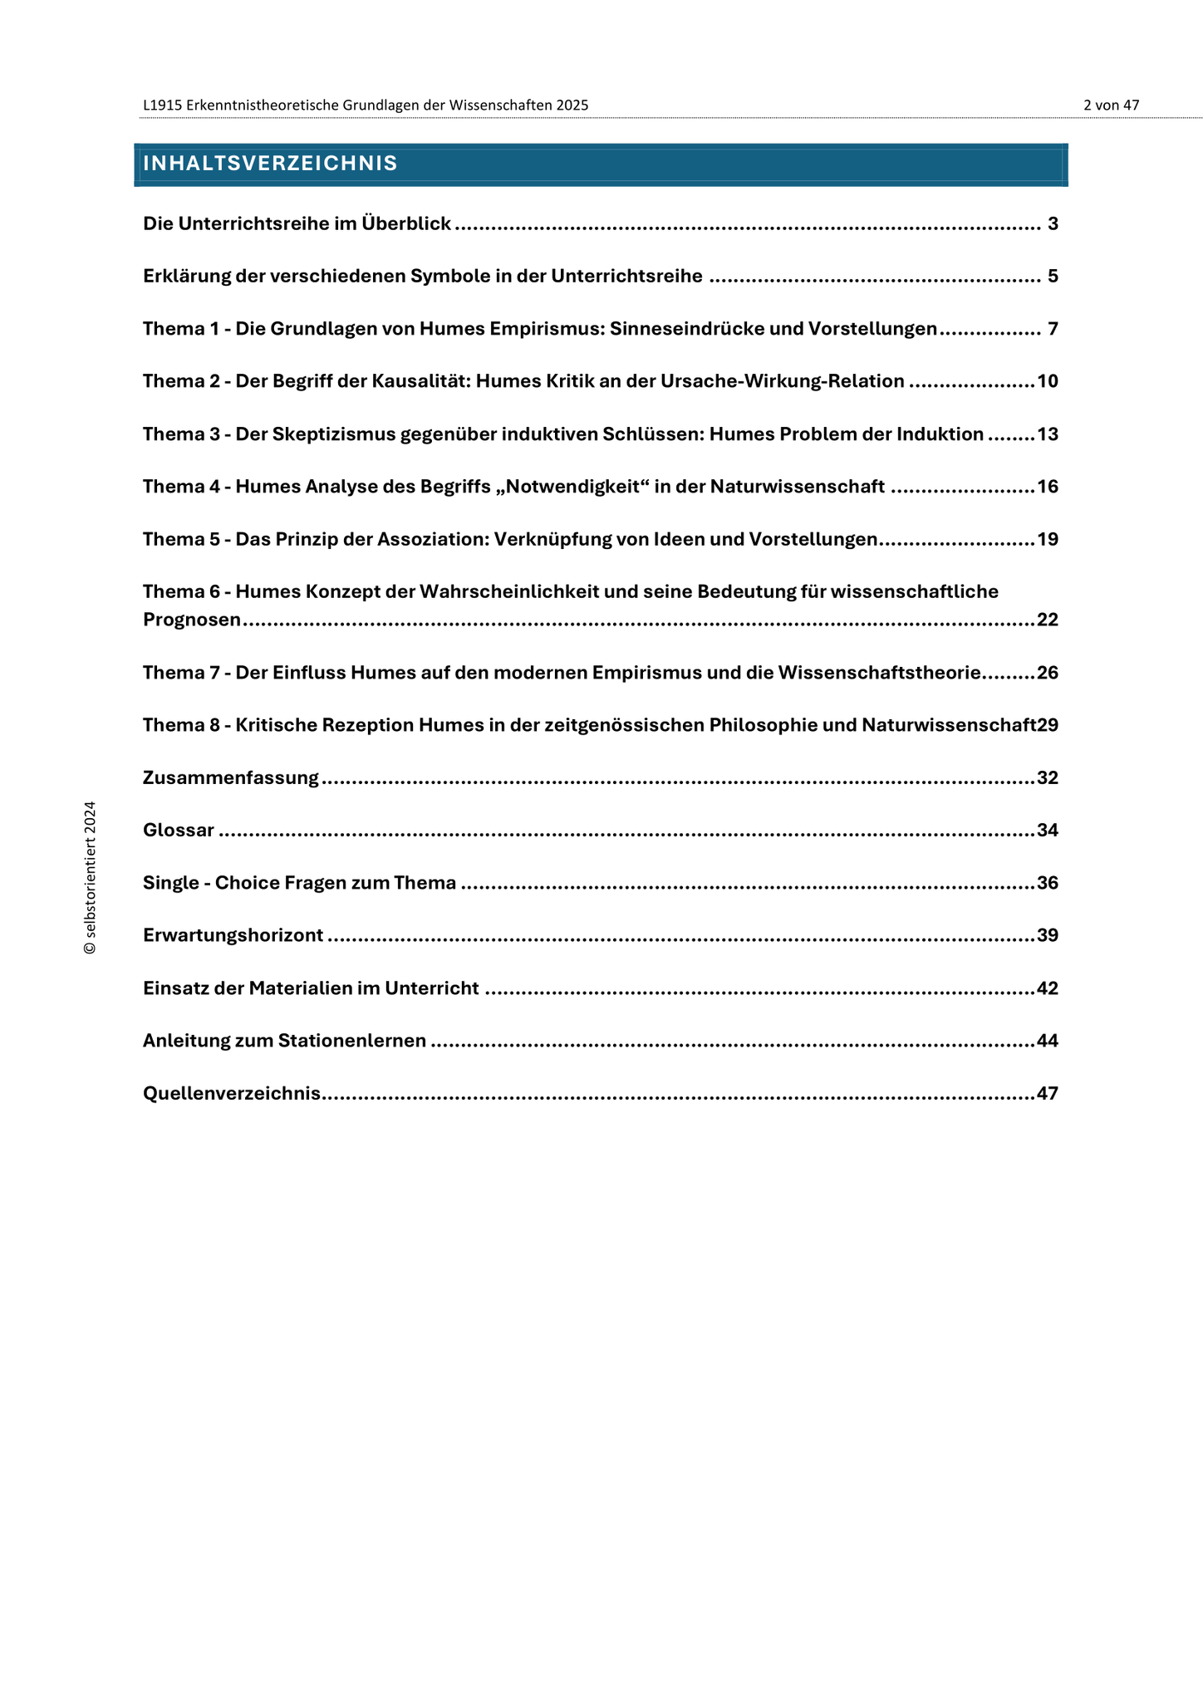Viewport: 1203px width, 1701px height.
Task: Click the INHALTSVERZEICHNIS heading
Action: coord(270,164)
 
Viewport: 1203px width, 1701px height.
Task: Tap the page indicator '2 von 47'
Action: coord(1111,105)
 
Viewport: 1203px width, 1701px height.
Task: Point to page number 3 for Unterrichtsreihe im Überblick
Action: coord(1053,223)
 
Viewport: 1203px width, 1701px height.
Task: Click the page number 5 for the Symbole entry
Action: coord(1053,277)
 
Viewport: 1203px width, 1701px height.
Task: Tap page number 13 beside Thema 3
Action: coord(1048,434)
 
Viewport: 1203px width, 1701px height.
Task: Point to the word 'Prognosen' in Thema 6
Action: coord(192,620)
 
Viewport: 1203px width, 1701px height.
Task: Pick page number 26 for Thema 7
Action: coord(1048,673)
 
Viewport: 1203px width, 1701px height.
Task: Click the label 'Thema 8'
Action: coord(179,725)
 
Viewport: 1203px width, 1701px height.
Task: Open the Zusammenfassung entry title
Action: coord(231,778)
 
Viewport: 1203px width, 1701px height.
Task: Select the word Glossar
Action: coord(179,831)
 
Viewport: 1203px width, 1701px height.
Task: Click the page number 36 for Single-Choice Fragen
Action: coord(1048,883)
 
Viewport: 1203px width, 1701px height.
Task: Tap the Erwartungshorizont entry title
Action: coord(233,936)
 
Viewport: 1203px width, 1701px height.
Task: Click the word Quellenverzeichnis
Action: coord(232,1094)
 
